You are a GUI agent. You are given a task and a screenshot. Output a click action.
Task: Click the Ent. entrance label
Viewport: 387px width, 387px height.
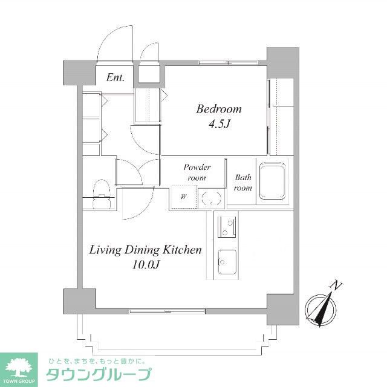(115, 77)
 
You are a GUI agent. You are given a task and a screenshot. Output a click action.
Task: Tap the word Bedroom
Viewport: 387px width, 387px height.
(218, 109)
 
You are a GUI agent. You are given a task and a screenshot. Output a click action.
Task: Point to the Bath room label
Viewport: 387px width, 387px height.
(243, 183)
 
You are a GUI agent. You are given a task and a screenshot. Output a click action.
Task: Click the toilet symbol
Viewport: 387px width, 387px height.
(101, 192)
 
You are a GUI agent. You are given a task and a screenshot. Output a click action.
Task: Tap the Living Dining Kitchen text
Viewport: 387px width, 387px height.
(145, 250)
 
